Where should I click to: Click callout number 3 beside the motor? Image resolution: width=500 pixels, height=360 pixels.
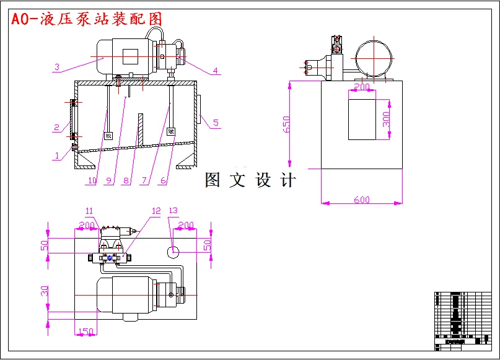[x=56, y=67]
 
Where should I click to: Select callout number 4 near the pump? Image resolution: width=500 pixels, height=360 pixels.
[x=215, y=71]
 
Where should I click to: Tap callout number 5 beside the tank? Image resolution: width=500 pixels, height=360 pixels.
[x=216, y=122]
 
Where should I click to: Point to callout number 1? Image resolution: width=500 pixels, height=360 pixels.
[x=56, y=156]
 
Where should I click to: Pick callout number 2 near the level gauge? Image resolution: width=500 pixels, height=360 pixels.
[x=56, y=128]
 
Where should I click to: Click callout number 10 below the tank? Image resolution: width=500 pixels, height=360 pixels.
[x=92, y=180]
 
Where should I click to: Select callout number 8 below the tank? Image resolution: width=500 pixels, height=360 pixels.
[x=126, y=180]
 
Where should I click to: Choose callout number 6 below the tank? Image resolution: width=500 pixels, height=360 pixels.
[x=163, y=180]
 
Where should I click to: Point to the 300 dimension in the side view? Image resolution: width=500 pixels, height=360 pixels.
[x=386, y=119]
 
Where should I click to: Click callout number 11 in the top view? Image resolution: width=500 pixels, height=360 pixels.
[x=89, y=211]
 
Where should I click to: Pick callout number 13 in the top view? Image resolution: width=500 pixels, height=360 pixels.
[x=173, y=211]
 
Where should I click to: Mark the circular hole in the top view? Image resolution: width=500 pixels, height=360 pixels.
[x=173, y=251]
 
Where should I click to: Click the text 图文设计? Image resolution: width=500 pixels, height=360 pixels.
[x=250, y=180]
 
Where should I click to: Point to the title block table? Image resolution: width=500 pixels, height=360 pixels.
[x=463, y=320]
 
